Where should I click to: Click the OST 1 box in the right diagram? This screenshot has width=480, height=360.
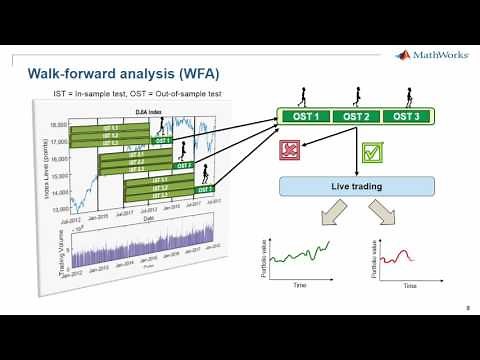[306, 116]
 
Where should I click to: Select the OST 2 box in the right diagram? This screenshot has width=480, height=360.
[357, 116]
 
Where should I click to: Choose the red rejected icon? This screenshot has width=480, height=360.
[289, 151]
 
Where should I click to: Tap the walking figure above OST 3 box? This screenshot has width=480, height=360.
[409, 99]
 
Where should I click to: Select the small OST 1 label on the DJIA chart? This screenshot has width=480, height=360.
[161, 140]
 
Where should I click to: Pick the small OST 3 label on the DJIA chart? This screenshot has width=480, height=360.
[204, 188]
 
